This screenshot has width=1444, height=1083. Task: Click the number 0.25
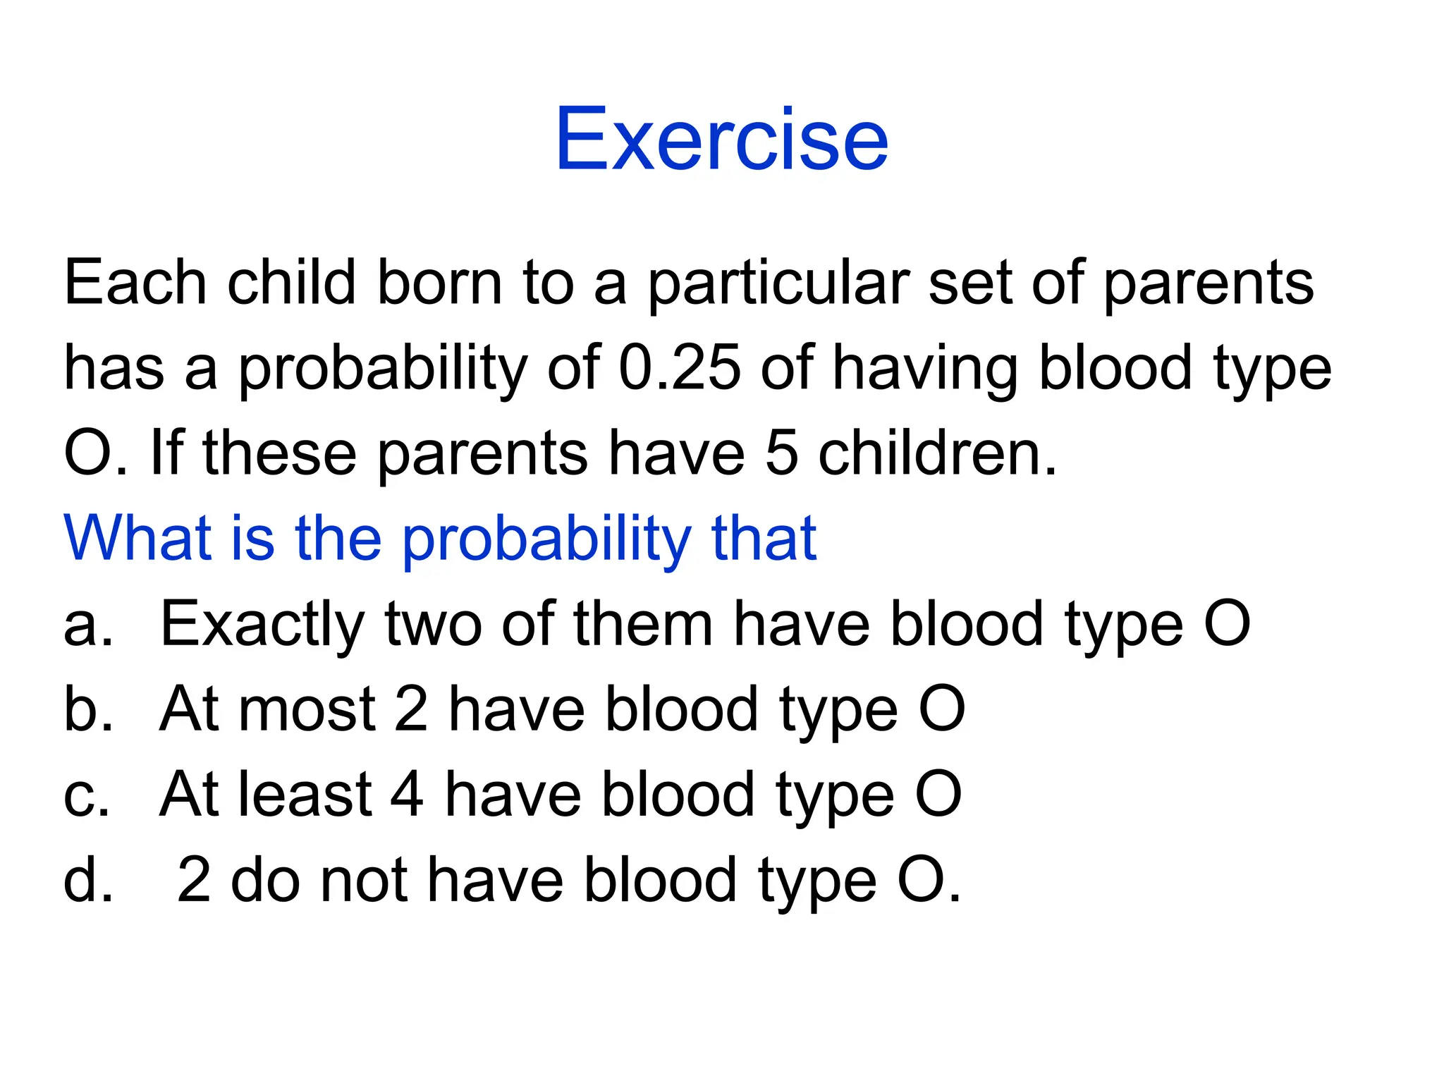pyautogui.click(x=680, y=367)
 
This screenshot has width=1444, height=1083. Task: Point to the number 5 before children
pyautogui.click(x=781, y=453)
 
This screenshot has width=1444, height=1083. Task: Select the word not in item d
pyautogui.click(x=364, y=880)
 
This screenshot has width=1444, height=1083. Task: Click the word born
pyautogui.click(x=440, y=283)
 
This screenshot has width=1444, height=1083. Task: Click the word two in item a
pyautogui.click(x=433, y=625)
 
